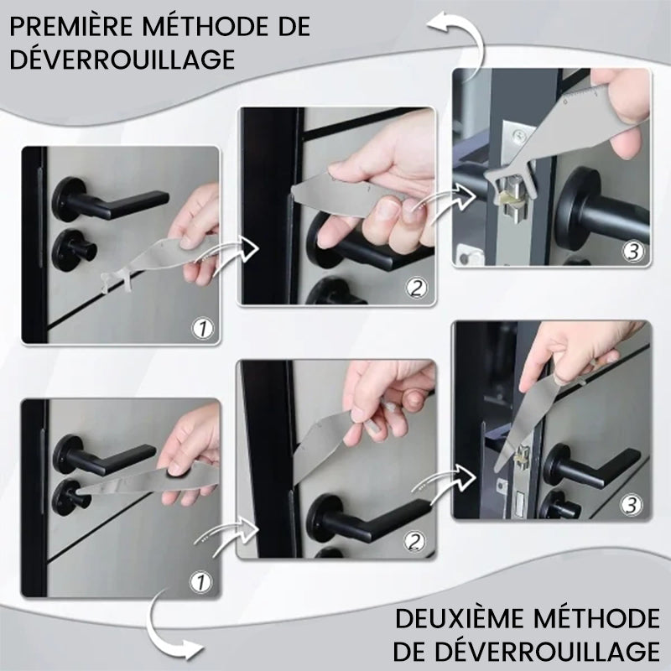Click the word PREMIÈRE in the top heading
pos(71,27)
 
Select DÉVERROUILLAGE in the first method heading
pos(122,59)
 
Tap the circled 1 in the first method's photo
pos(202,329)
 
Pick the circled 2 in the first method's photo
pos(416,289)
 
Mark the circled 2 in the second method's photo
pos(414,542)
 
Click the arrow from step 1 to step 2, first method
pos(233,256)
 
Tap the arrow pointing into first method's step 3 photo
pos(451,202)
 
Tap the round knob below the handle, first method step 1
pos(75,250)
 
